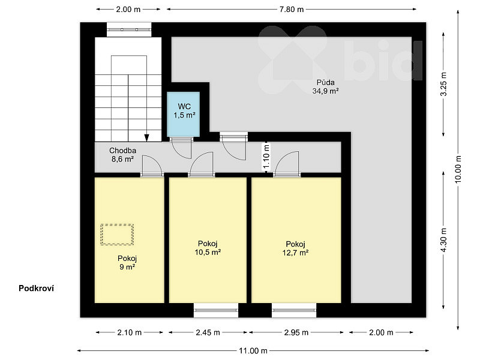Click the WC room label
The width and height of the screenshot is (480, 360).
[x=184, y=111]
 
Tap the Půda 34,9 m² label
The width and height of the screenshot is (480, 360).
[x=325, y=86]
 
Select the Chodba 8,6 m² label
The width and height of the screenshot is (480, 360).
[x=122, y=155]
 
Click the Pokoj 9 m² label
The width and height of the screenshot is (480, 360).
[x=127, y=262]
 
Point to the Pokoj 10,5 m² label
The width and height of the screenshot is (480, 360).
[x=208, y=248]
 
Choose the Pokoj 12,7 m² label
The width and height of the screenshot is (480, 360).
[x=295, y=248]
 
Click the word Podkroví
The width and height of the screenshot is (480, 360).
[x=36, y=289]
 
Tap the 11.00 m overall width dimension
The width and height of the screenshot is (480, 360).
[x=253, y=350]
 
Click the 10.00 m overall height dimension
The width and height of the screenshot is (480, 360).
[x=458, y=169]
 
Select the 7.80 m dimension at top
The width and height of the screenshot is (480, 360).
[x=291, y=10]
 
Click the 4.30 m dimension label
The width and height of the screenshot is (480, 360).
[x=443, y=240]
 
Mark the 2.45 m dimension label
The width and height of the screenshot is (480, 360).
[x=208, y=332]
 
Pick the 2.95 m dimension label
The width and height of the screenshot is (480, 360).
[x=296, y=332]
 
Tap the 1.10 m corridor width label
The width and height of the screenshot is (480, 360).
[x=266, y=157]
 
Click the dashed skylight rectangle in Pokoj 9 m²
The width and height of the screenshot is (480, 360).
[x=117, y=235]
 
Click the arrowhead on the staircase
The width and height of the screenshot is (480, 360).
[x=146, y=138]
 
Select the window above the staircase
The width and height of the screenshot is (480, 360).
[x=129, y=29]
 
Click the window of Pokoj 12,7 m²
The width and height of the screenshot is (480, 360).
[x=294, y=310]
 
